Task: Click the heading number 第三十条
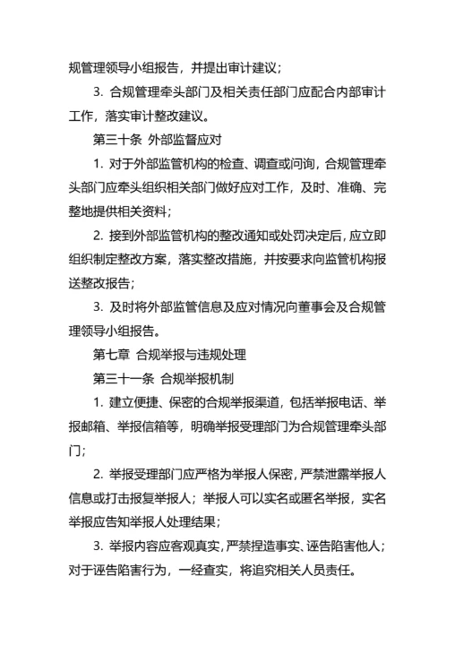click(x=116, y=139)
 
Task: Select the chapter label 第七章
click(x=111, y=354)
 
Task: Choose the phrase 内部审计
click(x=360, y=91)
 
